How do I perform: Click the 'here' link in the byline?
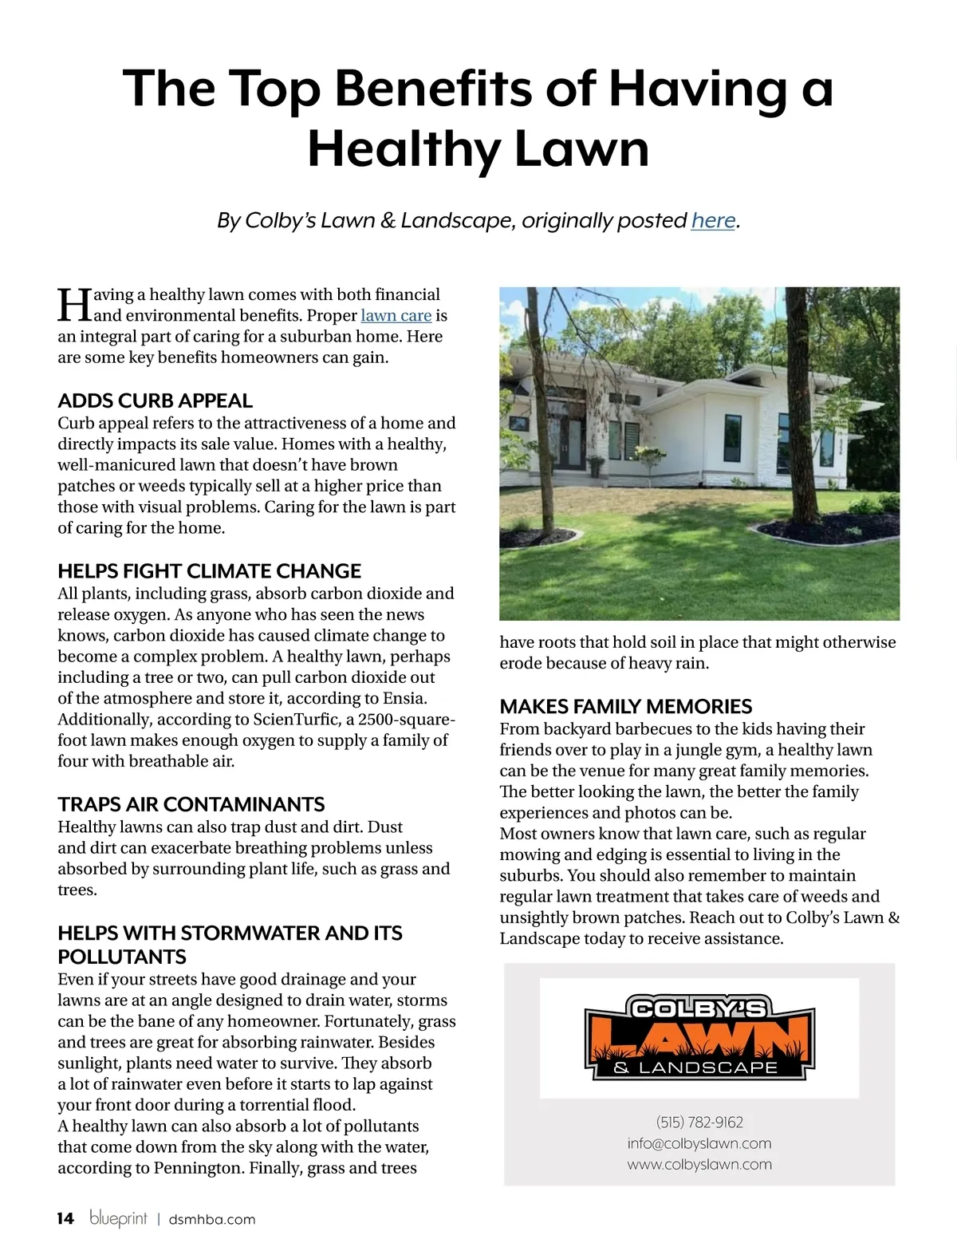tap(713, 220)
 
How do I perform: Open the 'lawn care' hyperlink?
tap(396, 316)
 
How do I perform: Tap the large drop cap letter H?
tap(74, 306)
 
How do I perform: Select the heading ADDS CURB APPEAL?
tap(155, 401)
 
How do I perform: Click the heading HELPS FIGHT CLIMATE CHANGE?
tap(209, 571)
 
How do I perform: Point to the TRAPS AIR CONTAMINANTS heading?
tap(191, 804)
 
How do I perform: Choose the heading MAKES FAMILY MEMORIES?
tap(625, 706)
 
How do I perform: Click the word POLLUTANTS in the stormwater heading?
tap(122, 957)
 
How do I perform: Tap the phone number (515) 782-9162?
tap(699, 1123)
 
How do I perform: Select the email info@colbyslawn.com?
tap(699, 1143)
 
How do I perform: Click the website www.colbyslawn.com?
tap(699, 1164)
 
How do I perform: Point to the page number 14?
tap(65, 1218)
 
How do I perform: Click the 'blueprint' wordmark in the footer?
tap(118, 1218)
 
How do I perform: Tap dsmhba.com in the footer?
tap(212, 1219)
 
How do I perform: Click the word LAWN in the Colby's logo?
tap(699, 1039)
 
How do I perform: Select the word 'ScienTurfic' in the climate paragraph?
tap(295, 720)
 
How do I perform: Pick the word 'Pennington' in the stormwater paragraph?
tap(198, 1168)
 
